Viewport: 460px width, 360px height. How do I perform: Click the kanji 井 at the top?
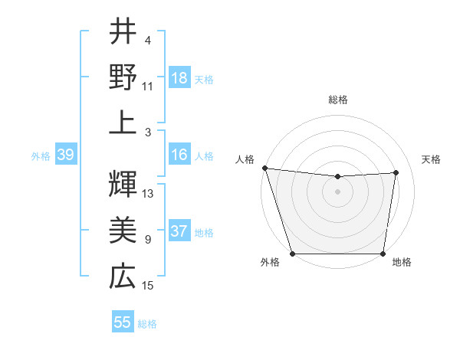tap(123, 33)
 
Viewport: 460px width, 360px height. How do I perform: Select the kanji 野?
tap(123, 77)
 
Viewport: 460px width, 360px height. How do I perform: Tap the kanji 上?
tap(123, 123)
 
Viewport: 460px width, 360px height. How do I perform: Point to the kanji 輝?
tap(123, 184)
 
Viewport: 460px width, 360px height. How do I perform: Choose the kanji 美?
tap(123, 230)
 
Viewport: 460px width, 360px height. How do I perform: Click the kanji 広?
tap(123, 276)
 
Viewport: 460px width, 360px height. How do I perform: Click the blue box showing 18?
tap(179, 78)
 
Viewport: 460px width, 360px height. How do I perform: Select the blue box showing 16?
tap(179, 155)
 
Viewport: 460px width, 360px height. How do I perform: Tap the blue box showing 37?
tap(179, 232)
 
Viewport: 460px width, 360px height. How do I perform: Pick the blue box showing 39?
tap(65, 155)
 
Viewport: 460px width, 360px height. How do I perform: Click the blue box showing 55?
tap(123, 322)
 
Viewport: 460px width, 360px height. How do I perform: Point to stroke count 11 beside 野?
tap(148, 87)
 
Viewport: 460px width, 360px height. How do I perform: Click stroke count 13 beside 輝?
tap(148, 193)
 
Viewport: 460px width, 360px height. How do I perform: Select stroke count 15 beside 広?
tap(148, 286)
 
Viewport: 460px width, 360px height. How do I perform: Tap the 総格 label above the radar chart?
tap(337, 100)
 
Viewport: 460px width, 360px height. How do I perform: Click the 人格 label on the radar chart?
tap(245, 159)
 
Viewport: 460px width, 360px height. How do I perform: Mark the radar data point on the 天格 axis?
tap(396, 172)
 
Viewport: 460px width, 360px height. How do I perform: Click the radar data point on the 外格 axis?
tap(292, 254)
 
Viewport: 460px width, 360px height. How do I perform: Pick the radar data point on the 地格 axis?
tap(383, 254)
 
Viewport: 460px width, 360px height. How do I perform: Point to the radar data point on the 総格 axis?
tap(337, 177)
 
